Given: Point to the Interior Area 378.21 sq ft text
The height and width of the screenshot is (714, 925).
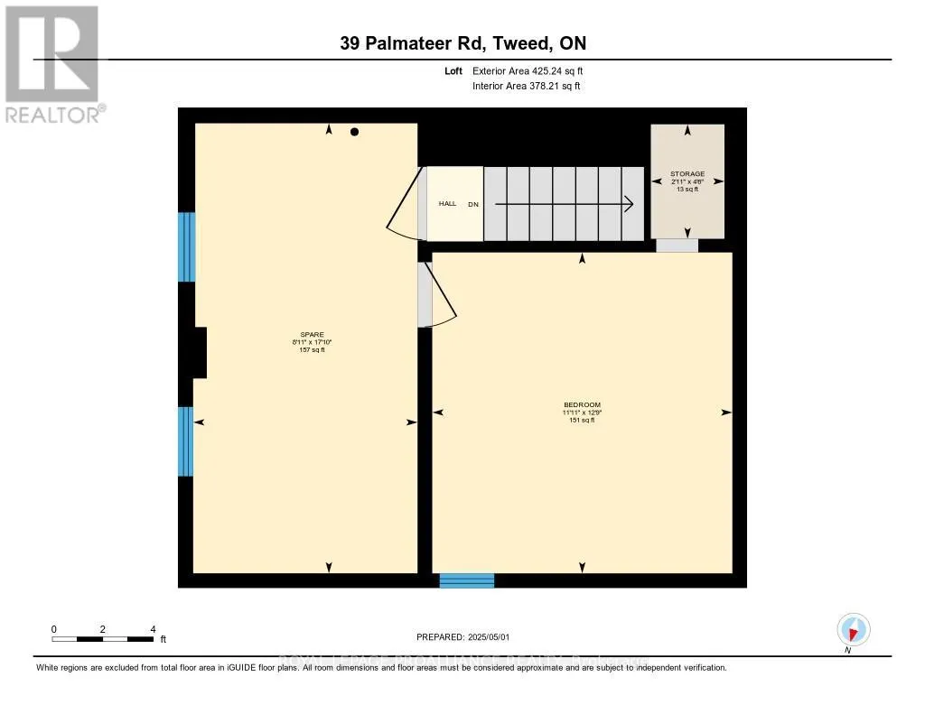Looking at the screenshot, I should click(526, 87).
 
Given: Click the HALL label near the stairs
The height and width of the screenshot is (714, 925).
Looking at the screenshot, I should click(447, 204).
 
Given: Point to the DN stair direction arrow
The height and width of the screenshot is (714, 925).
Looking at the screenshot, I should click(560, 204).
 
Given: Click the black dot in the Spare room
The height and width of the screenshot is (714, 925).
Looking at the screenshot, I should click(355, 132).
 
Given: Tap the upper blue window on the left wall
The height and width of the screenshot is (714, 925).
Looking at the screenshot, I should click(186, 247).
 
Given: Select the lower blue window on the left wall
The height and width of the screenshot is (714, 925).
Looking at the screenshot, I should click(186, 441).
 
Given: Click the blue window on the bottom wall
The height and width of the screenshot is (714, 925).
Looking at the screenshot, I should click(467, 580).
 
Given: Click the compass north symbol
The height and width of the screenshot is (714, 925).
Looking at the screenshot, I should click(853, 630).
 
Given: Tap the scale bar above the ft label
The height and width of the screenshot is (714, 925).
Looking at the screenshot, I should click(103, 639).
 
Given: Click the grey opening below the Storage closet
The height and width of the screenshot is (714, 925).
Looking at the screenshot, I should click(677, 246).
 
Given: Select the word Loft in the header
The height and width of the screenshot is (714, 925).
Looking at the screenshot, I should click(453, 71).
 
